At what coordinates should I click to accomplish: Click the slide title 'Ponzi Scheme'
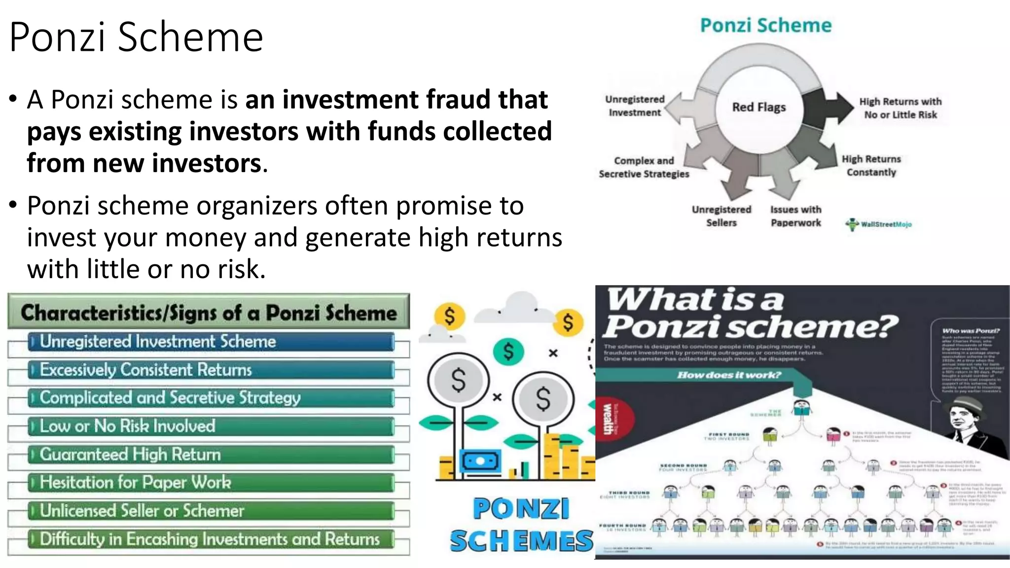tap(136, 37)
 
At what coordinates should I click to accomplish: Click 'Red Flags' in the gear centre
tap(758, 107)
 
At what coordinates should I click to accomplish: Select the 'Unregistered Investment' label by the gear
tap(635, 106)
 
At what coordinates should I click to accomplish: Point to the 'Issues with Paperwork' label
tap(795, 216)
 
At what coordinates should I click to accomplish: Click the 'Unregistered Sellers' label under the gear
tap(721, 216)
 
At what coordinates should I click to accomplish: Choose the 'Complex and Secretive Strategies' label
tap(644, 167)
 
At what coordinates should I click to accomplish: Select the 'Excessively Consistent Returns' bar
tap(211, 370)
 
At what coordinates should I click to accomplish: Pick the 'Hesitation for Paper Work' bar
tap(211, 483)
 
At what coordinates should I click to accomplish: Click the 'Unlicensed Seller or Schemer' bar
tap(211, 511)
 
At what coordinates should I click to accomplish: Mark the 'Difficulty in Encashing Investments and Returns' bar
tap(211, 539)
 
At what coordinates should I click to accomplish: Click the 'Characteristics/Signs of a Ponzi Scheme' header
tap(209, 312)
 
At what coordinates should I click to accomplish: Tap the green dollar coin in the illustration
tap(508, 352)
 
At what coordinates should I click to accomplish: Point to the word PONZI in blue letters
tap(521, 509)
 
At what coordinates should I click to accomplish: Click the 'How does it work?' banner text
tap(729, 375)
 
